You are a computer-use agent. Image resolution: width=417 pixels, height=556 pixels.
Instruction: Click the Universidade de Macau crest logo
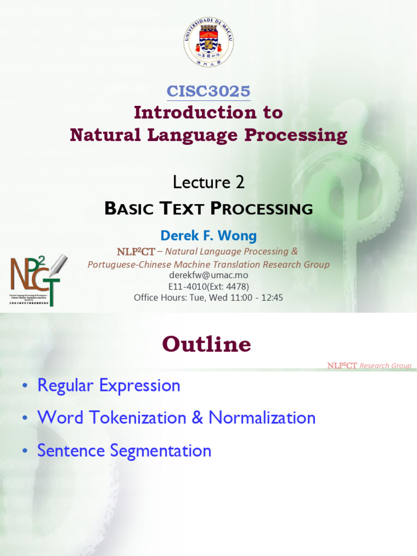208,42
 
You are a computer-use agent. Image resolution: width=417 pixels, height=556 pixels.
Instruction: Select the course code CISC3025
208,91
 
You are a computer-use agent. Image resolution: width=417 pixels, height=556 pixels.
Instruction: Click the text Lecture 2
208,182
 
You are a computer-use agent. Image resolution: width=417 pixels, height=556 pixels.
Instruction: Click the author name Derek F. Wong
208,236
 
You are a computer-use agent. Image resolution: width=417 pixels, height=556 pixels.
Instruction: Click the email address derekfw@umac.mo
208,275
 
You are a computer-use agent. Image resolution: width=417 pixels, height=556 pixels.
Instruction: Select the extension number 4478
237,286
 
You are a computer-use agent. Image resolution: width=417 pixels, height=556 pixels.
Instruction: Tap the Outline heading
206,344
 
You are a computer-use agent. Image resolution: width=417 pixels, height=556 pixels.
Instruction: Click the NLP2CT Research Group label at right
369,365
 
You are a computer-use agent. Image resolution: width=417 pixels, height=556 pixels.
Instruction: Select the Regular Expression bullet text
109,386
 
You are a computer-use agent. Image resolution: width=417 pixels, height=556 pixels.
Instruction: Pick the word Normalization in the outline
262,418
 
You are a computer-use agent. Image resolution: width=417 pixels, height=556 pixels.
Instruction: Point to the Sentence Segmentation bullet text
124,450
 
